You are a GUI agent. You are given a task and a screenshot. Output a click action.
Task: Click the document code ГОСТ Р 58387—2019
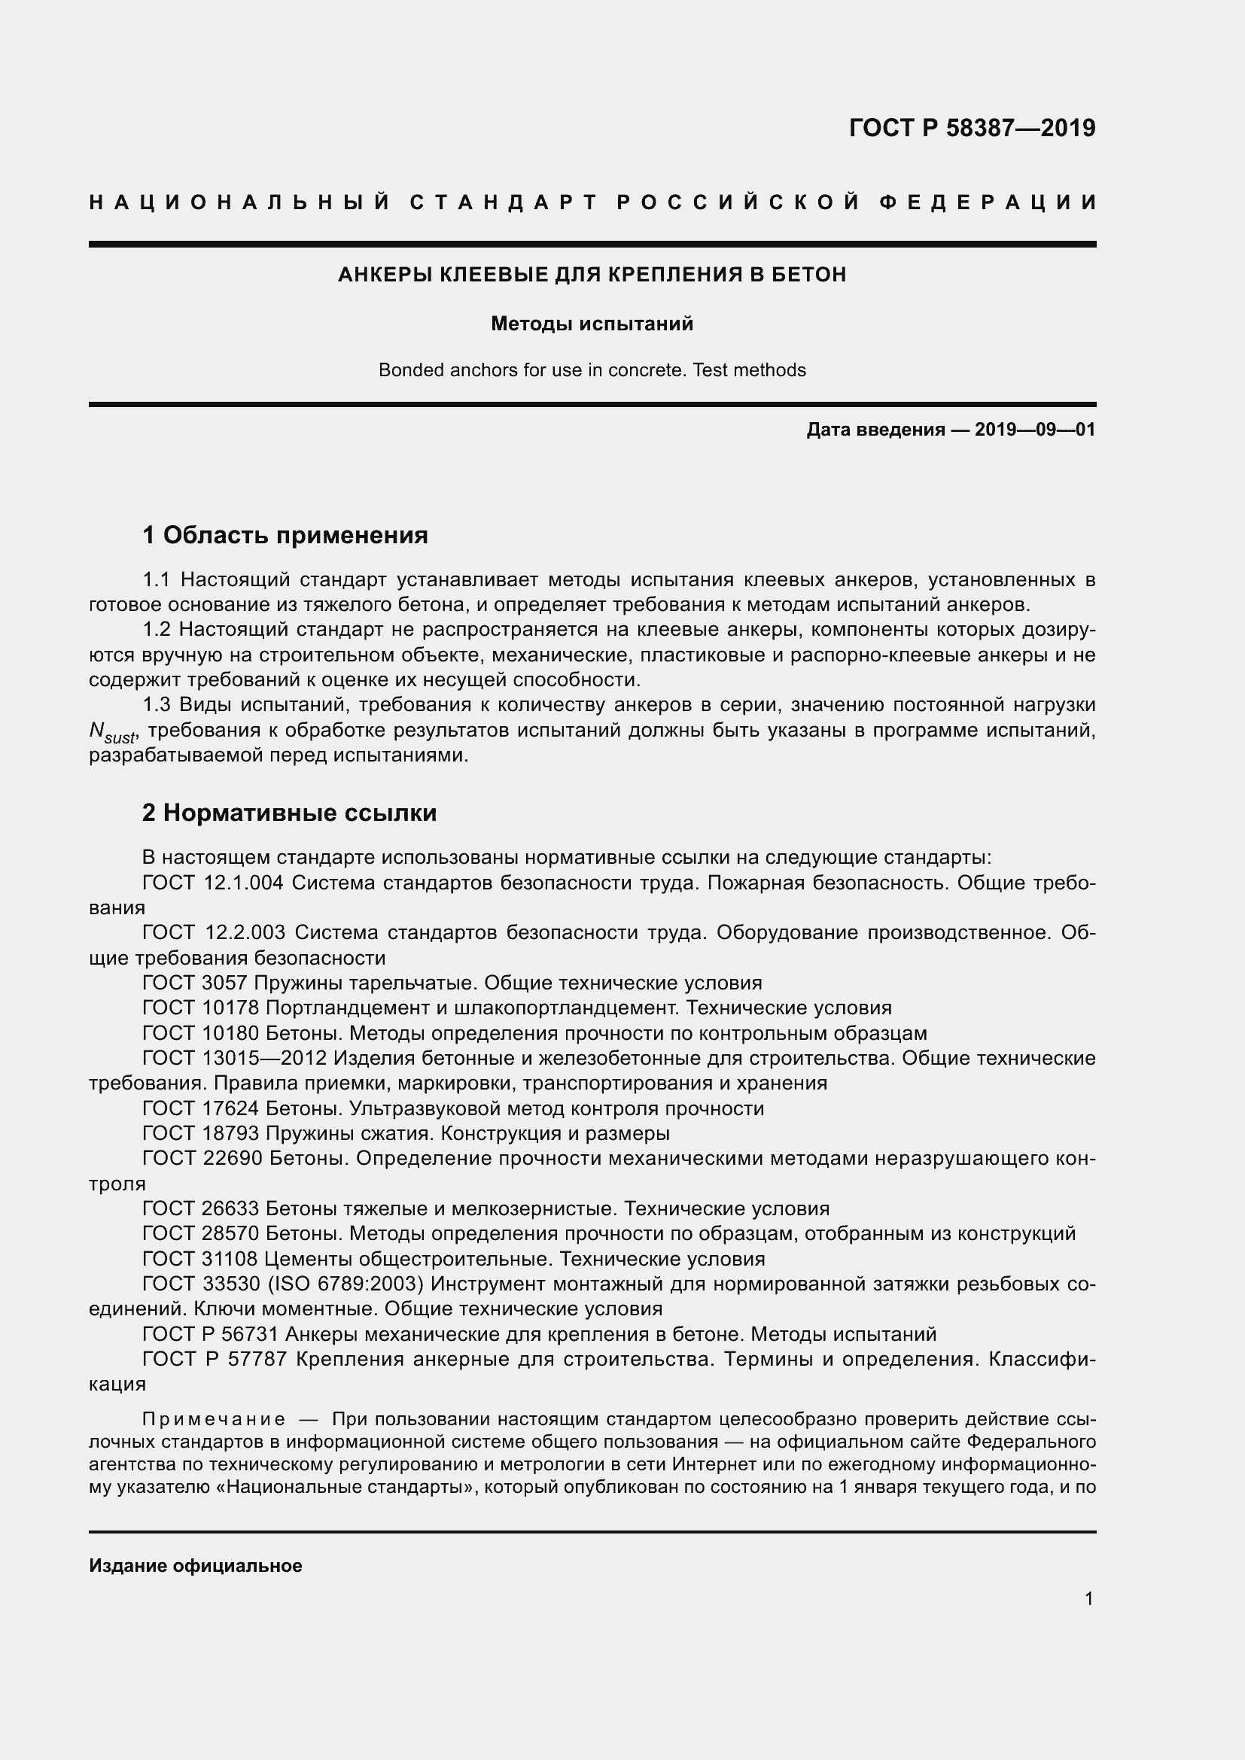pos(971,127)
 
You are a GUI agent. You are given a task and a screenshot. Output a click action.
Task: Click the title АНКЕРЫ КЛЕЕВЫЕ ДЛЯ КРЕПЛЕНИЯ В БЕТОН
pos(592,275)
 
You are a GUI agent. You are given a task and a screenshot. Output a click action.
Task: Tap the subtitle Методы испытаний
pos(592,324)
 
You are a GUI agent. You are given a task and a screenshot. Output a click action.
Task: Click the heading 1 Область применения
pos(285,534)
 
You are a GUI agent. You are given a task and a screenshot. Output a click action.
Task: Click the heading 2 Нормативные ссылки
pos(289,812)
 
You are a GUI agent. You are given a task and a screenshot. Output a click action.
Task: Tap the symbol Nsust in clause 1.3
pos(112,732)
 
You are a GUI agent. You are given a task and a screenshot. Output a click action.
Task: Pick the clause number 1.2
pos(157,629)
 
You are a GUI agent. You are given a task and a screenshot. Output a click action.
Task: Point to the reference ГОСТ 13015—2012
pos(235,1058)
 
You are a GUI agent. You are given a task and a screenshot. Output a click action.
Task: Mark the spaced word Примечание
pos(215,1419)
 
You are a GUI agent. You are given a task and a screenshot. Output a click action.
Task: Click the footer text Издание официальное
pos(196,1565)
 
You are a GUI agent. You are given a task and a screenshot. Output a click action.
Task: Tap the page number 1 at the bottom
pos(1088,1598)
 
